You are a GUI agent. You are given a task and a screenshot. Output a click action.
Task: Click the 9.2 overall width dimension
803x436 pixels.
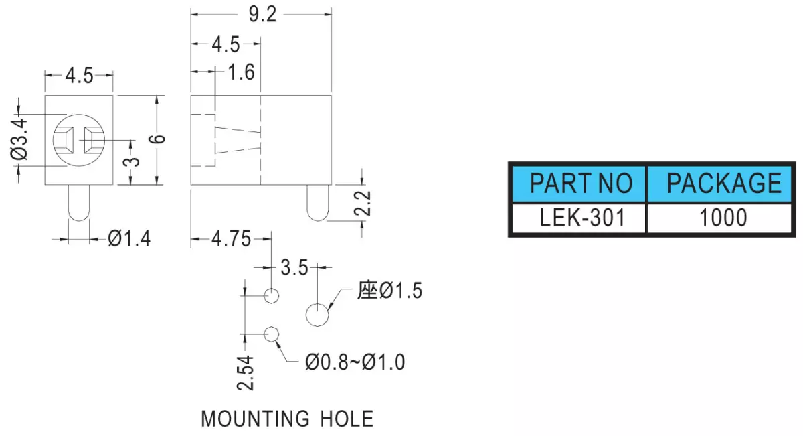[263, 15]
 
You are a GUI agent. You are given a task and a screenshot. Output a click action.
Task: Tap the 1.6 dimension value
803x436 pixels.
[242, 72]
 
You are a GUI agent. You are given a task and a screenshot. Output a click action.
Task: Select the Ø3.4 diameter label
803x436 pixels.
[19, 139]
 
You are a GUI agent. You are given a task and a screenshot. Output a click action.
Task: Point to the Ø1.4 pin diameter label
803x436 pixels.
[129, 238]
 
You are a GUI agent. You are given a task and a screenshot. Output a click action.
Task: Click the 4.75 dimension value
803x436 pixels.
[232, 239]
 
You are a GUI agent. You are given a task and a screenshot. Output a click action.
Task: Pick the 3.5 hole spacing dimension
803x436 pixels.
[294, 268]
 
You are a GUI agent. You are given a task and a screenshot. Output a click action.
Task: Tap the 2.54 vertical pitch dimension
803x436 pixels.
[246, 373]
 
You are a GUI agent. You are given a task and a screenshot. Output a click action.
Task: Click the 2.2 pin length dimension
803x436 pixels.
[363, 203]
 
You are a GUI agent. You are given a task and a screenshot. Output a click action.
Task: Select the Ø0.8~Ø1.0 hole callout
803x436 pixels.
[355, 362]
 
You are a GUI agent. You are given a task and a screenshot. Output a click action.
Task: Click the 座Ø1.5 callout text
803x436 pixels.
[389, 290]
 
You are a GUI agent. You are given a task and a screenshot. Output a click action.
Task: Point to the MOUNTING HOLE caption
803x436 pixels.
[287, 419]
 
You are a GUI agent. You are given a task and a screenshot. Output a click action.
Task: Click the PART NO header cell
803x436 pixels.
[579, 184]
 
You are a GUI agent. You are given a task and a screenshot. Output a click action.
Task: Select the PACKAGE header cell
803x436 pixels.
[719, 184]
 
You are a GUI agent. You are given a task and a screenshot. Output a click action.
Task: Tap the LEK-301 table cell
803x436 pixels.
[579, 218]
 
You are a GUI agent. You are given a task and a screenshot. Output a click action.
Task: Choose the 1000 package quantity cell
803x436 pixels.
[719, 218]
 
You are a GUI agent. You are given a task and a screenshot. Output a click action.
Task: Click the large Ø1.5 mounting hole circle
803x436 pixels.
[317, 315]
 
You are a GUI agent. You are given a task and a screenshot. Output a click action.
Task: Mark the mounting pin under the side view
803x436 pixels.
[318, 203]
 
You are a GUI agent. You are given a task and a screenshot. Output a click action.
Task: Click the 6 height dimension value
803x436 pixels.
[157, 139]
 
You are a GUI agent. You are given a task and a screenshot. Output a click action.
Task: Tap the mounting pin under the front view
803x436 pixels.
[79, 203]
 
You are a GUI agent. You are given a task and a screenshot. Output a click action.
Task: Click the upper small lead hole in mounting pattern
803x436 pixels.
[272, 296]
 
